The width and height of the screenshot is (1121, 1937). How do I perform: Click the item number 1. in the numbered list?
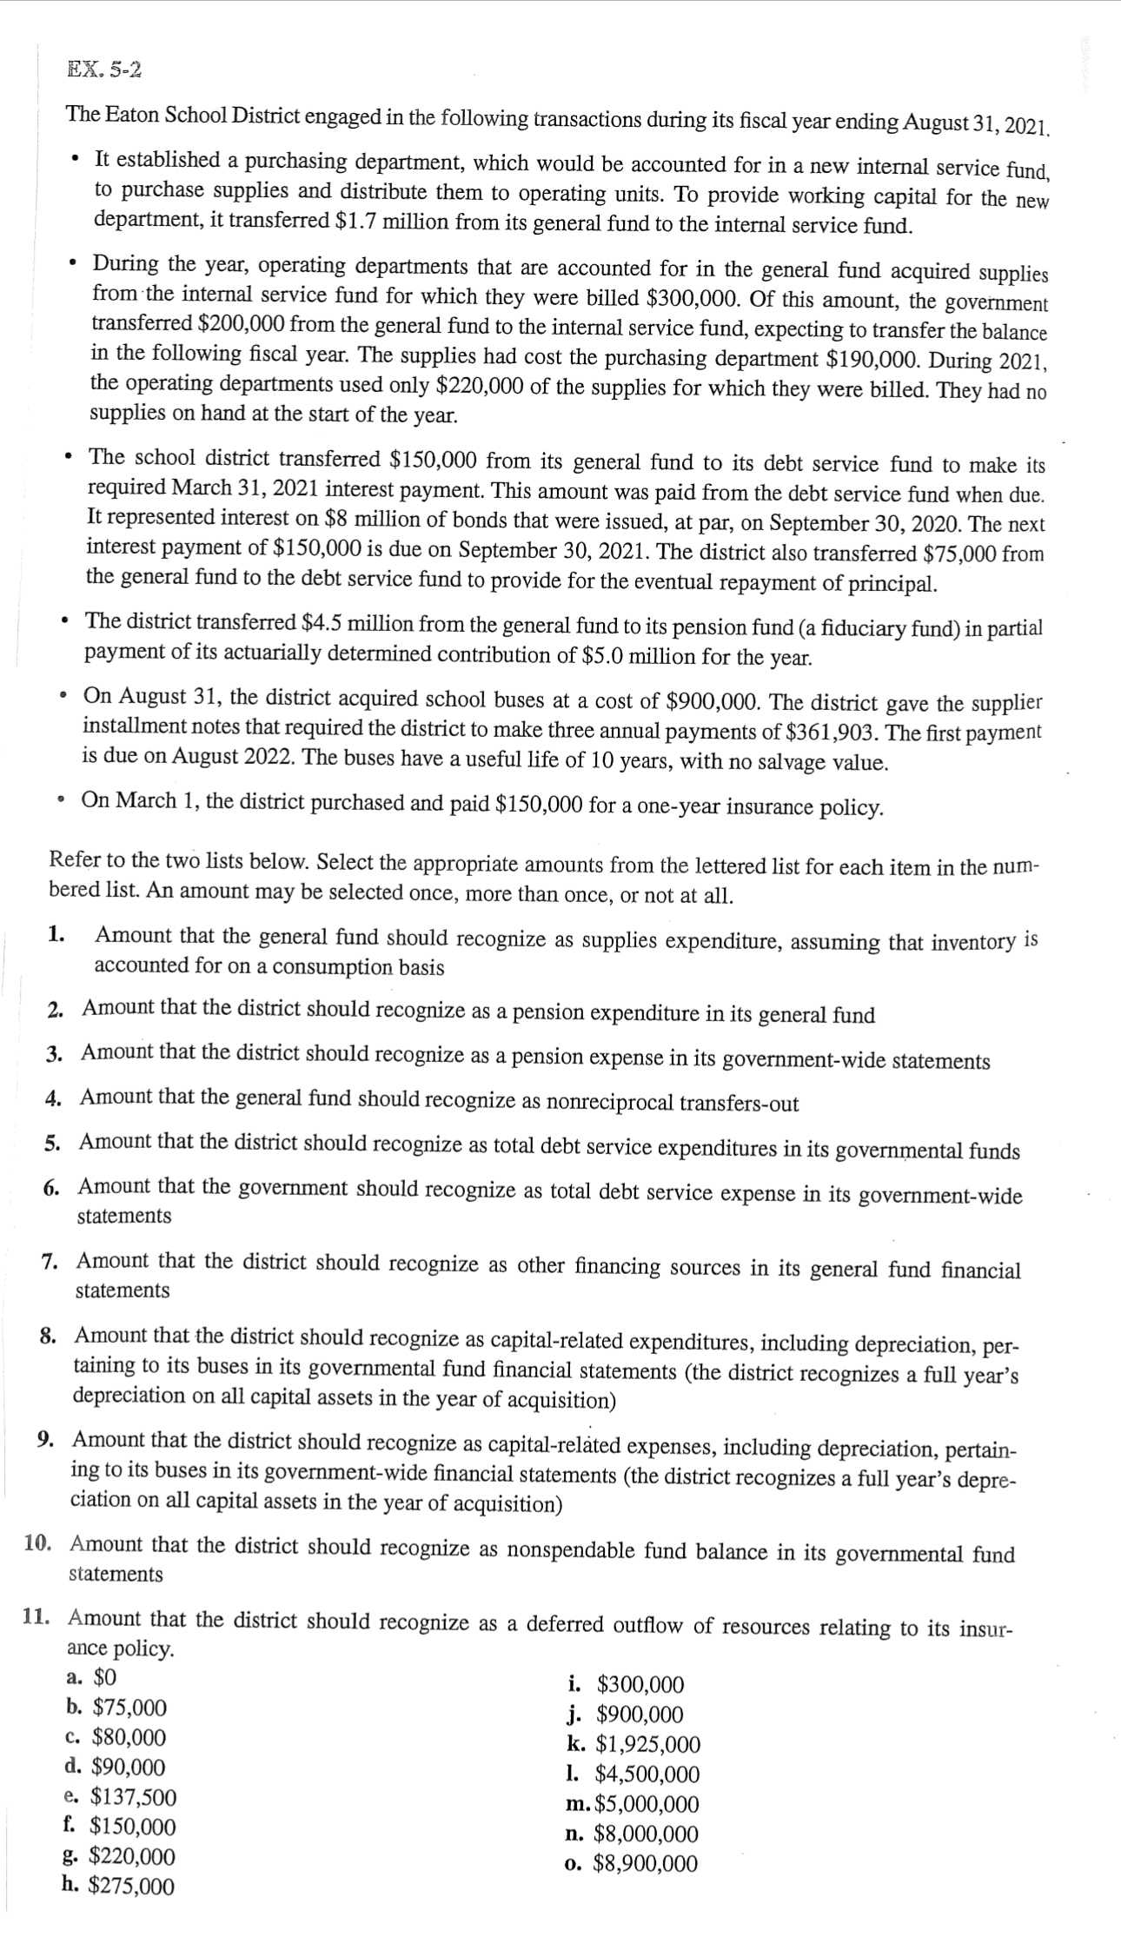click(57, 935)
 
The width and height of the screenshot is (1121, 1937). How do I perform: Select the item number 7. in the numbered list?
click(50, 1261)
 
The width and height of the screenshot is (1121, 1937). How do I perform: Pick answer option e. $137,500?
click(122, 1796)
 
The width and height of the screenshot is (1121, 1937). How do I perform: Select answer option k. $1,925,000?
click(633, 1743)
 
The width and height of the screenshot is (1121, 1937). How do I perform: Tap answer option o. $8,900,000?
click(631, 1863)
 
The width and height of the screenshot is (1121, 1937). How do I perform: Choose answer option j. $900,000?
click(624, 1714)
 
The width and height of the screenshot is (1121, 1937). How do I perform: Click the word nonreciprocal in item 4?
click(607, 1102)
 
